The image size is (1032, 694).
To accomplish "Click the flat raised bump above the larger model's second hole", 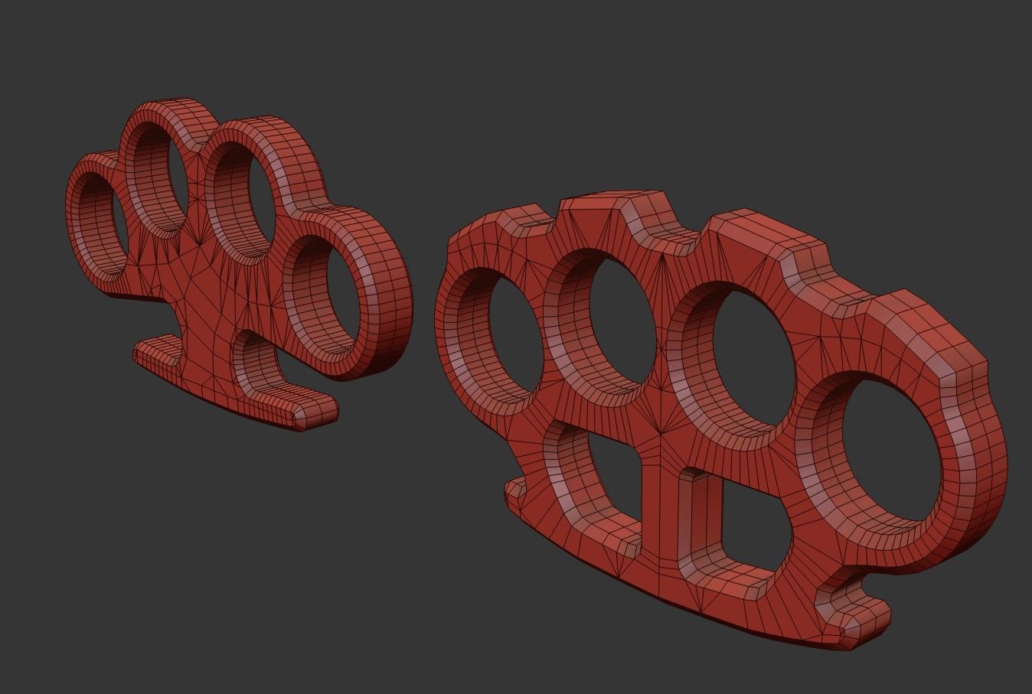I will pyautogui.click(x=612, y=210).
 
